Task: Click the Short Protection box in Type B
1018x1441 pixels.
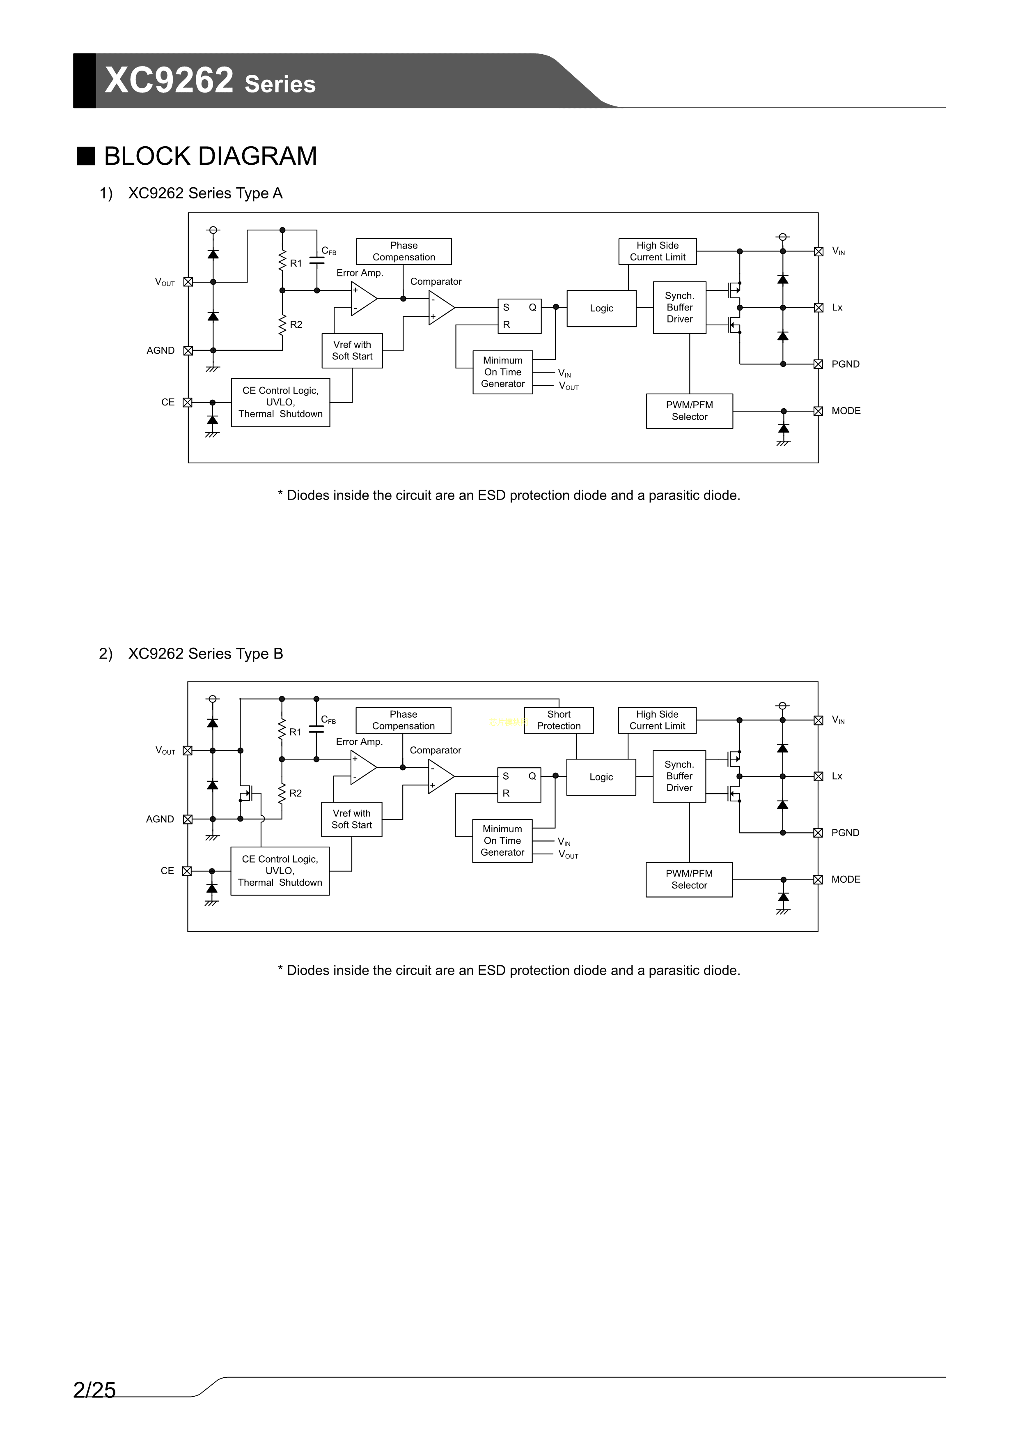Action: pos(558,720)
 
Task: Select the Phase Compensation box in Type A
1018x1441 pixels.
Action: pos(404,251)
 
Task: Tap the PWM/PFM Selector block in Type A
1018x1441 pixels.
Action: pos(689,411)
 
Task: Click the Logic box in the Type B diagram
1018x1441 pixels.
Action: pos(601,777)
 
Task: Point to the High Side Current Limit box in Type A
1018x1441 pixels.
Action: pos(657,251)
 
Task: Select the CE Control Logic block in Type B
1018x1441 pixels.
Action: pos(280,870)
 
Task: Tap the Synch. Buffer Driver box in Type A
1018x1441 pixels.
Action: pos(679,308)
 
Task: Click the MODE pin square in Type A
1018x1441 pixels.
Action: pos(818,411)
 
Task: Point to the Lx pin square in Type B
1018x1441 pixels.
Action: pos(818,776)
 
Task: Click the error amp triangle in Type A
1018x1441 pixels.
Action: pos(362,299)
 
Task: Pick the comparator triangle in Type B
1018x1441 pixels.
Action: pos(440,776)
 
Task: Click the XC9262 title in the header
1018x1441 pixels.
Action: pos(170,81)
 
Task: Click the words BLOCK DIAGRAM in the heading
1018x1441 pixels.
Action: pos(210,156)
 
